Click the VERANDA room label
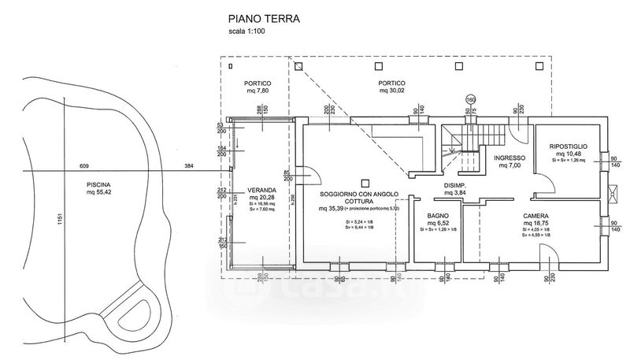[261, 191]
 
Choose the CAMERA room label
[535, 215]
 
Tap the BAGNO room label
[438, 215]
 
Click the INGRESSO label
[510, 158]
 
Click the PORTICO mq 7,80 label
[258, 83]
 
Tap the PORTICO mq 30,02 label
[392, 83]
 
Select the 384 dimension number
[188, 166]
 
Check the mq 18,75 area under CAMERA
[535, 224]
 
